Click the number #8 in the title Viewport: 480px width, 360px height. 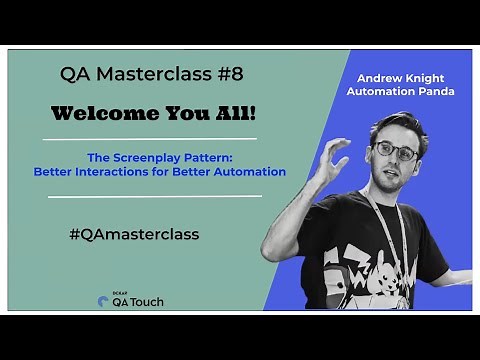[229, 74]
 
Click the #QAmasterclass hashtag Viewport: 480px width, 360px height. [134, 234]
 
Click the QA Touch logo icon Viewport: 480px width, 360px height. [103, 301]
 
